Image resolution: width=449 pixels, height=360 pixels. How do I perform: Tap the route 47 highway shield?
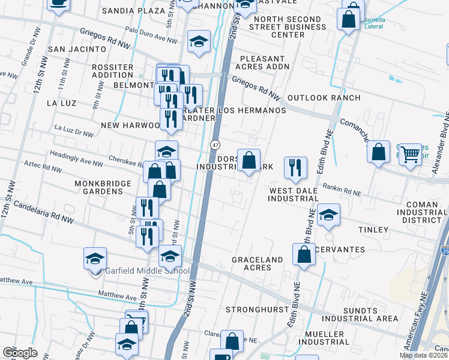[x=215, y=145]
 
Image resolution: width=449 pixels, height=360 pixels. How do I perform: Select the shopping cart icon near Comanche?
[x=411, y=154]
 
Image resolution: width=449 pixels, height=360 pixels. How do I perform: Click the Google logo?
[x=20, y=353]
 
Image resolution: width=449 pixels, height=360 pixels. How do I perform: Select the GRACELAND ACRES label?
[x=258, y=263]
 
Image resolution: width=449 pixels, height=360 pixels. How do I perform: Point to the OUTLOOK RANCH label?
[x=324, y=98]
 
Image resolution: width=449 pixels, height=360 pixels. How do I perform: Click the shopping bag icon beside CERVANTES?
[x=304, y=254]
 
